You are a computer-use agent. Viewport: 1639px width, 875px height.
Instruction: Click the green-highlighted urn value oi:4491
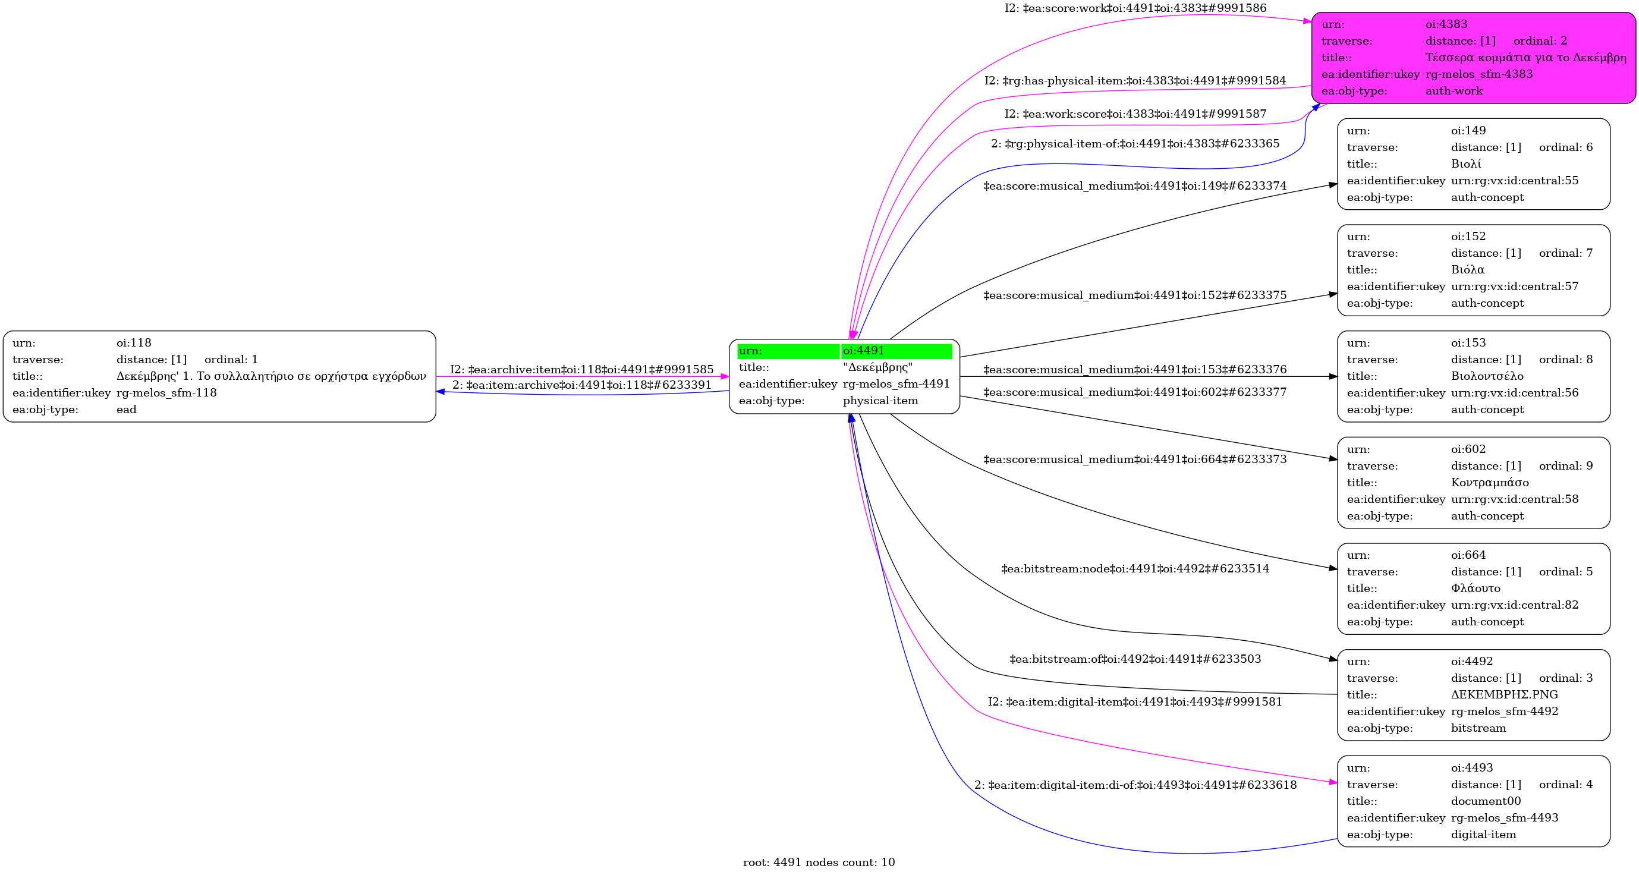click(863, 351)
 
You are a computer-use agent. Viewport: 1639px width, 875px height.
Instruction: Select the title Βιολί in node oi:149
click(1466, 164)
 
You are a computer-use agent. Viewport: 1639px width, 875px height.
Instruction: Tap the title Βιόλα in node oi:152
click(1468, 270)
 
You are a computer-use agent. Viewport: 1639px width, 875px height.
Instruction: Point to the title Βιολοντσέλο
click(1487, 376)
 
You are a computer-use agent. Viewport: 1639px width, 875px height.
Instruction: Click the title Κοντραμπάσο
click(1490, 482)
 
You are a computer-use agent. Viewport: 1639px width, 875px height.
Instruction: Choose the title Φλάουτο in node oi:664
click(1476, 588)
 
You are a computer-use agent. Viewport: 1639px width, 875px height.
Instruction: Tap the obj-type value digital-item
click(1484, 834)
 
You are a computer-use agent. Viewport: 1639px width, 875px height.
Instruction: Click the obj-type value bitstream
click(1478, 728)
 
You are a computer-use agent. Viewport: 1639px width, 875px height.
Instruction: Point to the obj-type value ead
click(127, 410)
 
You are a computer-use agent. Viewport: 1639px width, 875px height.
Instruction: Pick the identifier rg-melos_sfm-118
click(166, 393)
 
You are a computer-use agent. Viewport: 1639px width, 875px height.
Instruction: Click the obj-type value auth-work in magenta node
click(1454, 91)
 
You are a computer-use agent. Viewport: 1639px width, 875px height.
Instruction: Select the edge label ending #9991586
click(1135, 8)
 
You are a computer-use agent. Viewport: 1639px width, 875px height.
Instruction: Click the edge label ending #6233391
click(582, 385)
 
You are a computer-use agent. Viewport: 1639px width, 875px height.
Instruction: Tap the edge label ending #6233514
click(1135, 569)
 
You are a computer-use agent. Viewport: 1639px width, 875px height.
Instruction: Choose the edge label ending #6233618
click(1135, 785)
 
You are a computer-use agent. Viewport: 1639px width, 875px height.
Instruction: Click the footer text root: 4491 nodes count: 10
click(819, 863)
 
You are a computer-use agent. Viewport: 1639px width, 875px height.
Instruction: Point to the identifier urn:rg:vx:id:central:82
click(1515, 605)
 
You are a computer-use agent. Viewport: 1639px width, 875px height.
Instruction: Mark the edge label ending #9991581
click(1135, 702)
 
